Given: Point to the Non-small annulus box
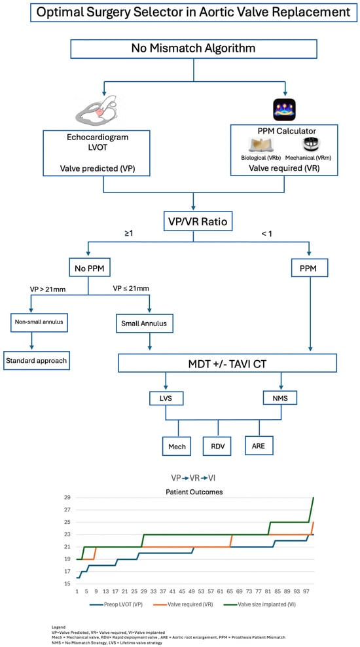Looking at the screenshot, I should pos(37,322).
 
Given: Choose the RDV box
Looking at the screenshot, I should pos(218,447).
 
